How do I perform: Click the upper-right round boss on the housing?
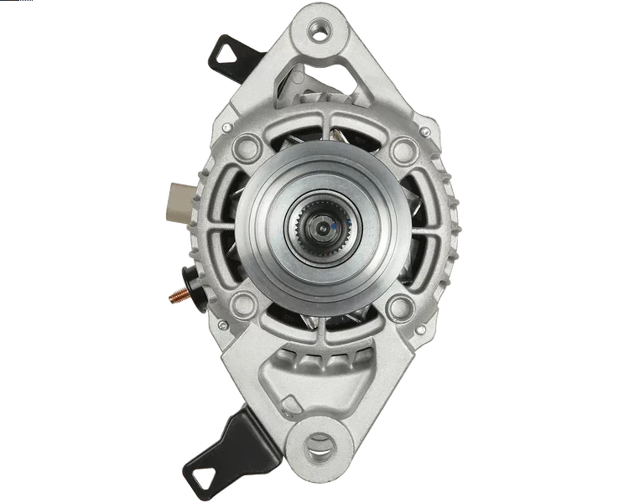[x=403, y=151]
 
